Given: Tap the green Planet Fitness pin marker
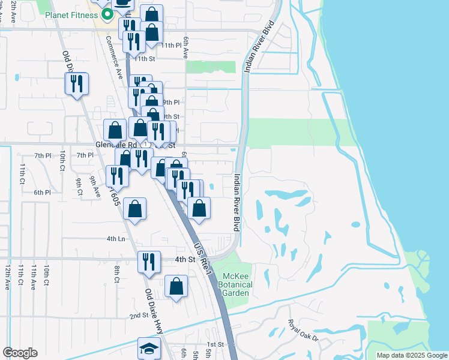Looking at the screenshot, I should point(107,14).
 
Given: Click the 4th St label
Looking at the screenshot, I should point(185,259).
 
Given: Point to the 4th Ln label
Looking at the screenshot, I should point(116,238).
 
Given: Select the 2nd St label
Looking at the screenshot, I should point(139,315).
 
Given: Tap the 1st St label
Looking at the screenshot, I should point(215,344).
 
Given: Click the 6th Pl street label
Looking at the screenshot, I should point(42,192).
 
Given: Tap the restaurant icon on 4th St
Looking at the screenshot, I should point(148,262).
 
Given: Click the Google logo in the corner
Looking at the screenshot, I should point(20,353).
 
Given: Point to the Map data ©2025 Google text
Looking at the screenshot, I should point(412,355).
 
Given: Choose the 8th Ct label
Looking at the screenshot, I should point(117,273).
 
